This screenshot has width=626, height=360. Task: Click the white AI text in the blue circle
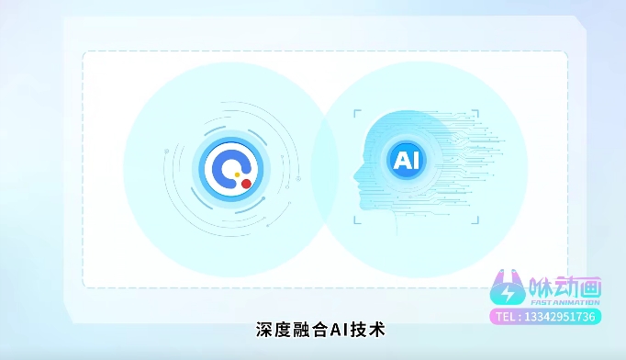point(405,161)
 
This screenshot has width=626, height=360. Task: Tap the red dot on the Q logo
point(246,184)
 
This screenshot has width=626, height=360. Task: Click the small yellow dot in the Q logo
point(238,174)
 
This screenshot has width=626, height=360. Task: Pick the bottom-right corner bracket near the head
point(476,219)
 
